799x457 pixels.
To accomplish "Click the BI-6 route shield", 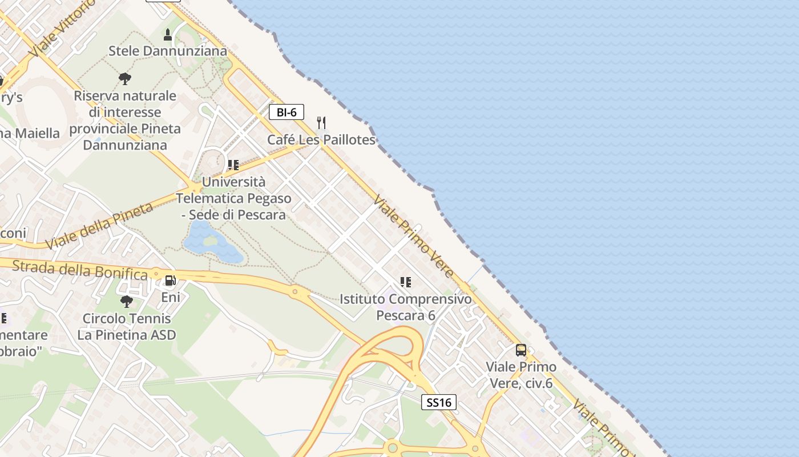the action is click(286, 112).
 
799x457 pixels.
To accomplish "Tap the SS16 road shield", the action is click(439, 402).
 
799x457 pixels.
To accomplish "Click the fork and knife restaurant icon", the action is click(321, 123).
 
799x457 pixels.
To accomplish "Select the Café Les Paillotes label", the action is click(321, 140).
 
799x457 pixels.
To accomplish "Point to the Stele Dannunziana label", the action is click(168, 51).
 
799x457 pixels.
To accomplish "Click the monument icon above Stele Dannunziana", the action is click(168, 35).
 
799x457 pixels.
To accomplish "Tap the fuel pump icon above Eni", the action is click(170, 280).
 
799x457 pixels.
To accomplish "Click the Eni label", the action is click(170, 297).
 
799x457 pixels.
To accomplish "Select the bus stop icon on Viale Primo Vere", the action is click(521, 350).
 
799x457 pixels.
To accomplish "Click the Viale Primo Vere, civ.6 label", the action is click(521, 375).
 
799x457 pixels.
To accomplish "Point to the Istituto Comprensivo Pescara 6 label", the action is click(406, 307).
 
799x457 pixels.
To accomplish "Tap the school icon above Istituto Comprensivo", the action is click(406, 282).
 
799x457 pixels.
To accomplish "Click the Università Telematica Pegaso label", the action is click(233, 198).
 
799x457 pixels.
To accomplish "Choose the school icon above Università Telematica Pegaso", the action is click(233, 165).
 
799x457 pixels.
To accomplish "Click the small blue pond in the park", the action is click(210, 243).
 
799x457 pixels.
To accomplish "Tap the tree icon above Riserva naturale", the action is click(125, 78).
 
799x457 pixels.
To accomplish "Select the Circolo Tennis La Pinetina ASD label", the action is click(126, 327).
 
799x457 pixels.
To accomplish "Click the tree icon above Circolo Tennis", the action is click(126, 300).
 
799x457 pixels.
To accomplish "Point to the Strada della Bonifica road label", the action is click(79, 270).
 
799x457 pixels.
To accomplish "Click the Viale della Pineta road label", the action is click(99, 225).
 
